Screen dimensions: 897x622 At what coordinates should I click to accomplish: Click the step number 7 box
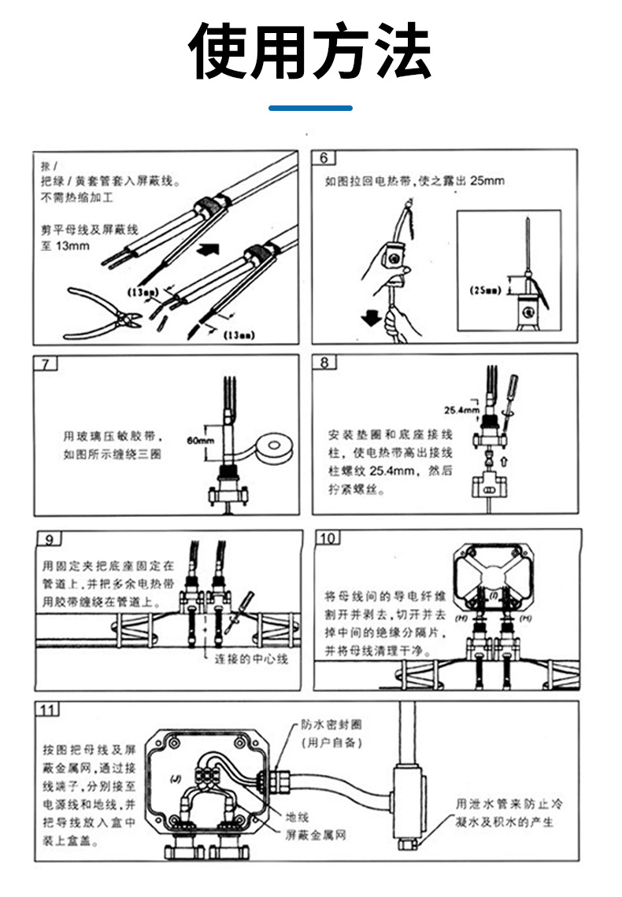coord(46,364)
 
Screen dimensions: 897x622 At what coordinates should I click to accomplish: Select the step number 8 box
coord(324,364)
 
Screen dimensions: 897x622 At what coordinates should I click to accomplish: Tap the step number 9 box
coord(49,539)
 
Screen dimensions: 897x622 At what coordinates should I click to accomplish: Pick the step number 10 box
coord(328,538)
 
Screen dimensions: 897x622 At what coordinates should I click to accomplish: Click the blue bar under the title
coord(310,107)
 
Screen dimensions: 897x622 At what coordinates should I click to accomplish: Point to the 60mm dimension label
coord(201,440)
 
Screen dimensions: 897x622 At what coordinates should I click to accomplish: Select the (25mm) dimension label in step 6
coord(486,290)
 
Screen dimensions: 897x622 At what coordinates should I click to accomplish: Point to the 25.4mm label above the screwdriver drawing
coord(461,410)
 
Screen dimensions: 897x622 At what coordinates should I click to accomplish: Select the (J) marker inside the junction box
coord(176,779)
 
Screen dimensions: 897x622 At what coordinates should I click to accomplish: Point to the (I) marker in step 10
coord(494,596)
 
